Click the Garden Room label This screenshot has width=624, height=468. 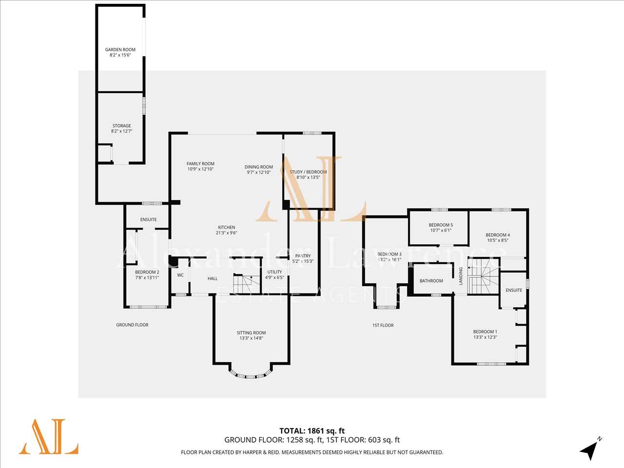[120, 50]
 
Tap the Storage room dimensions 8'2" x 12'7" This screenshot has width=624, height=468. [122, 131]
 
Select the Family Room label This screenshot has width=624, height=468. [200, 164]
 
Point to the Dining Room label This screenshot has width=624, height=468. [259, 167]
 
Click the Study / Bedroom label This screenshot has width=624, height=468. [308, 172]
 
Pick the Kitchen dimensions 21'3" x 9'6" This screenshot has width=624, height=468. [227, 233]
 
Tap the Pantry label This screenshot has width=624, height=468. [303, 256]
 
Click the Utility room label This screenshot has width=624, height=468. [274, 272]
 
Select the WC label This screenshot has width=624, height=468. [180, 275]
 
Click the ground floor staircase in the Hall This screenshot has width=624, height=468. [247, 284]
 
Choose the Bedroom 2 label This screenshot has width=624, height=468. [147, 272]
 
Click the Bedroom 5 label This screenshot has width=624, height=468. [441, 225]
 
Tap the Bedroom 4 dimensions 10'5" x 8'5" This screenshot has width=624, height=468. [498, 240]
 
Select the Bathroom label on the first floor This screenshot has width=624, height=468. [431, 281]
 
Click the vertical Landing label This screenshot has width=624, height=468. [461, 276]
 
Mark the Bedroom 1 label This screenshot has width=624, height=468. [485, 331]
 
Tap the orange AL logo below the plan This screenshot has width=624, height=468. [49, 437]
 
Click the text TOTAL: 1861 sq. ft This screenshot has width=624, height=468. [312, 431]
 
